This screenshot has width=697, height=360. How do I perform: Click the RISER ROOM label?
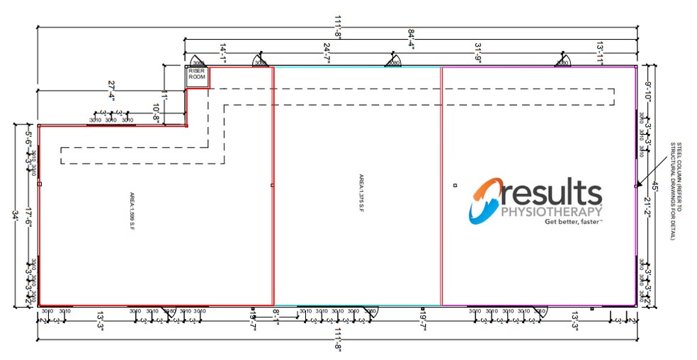click(x=196, y=74)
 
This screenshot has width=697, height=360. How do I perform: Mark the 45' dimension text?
click(x=655, y=187)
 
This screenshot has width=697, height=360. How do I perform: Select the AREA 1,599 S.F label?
click(x=132, y=210)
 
